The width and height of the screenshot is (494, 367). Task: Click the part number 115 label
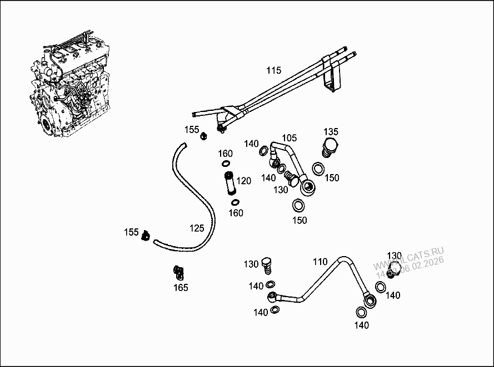pos(274,70)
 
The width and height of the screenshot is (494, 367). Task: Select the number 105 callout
pos(289,137)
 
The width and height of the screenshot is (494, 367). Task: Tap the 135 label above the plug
pos(331,132)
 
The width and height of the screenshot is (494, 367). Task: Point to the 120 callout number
pos(243,181)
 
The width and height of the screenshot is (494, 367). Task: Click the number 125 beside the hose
pos(197,228)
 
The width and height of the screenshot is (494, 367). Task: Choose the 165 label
pos(181,288)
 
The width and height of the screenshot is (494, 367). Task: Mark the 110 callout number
pos(320,261)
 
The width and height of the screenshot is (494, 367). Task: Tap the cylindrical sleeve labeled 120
pos(228,183)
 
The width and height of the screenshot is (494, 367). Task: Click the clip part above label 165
pos(179,272)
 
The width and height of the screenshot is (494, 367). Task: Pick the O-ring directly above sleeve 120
pos(226,164)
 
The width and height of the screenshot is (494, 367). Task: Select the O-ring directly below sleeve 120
pos(235,202)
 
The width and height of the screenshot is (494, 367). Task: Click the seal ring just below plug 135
pos(319,168)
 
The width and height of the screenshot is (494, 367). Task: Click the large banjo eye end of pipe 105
pos(307,186)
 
